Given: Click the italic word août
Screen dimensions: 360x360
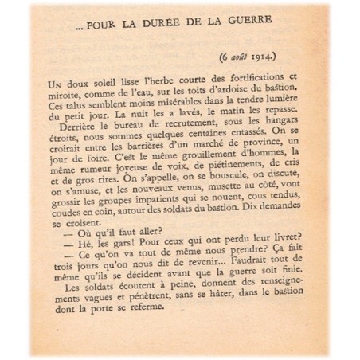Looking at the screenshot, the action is pos(243,57).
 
